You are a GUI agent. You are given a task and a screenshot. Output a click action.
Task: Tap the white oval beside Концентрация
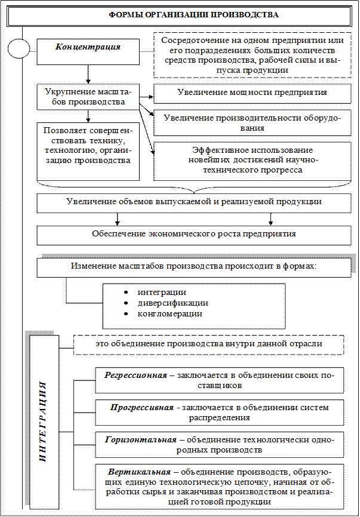pos(19,50)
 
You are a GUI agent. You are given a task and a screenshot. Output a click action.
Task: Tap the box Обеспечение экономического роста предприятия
pos(194,233)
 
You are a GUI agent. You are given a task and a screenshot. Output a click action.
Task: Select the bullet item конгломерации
pos(170,313)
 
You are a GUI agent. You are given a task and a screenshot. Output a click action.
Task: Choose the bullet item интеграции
pos(161,292)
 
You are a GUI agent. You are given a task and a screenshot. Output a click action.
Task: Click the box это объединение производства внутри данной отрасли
pos(209,344)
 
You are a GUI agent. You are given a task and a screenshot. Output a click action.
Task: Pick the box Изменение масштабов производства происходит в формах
pos(194,266)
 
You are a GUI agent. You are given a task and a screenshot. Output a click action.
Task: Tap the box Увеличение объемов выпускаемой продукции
pos(194,202)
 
